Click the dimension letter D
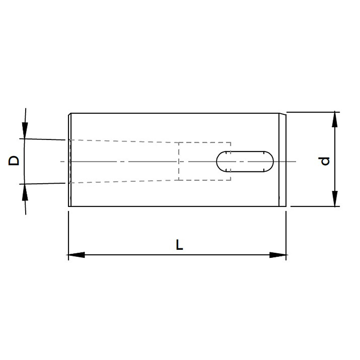point(14,161)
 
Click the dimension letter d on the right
point(325,161)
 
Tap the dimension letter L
point(179,245)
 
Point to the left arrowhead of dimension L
point(76,255)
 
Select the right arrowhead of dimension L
point(278,255)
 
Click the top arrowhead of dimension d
point(335,120)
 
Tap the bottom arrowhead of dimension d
point(335,199)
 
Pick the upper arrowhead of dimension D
point(25,130)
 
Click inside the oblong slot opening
point(245,162)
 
